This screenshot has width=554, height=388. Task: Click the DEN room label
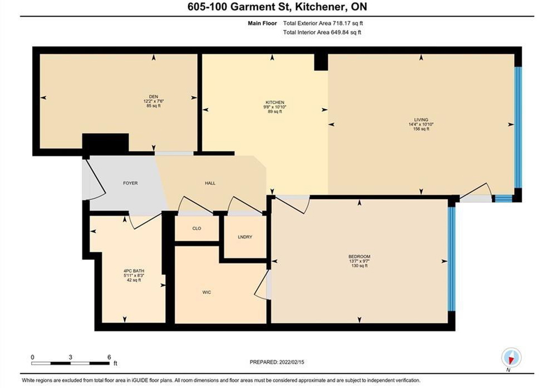(x=154, y=97)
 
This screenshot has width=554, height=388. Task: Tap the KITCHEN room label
(x=275, y=102)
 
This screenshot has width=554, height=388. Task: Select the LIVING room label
(x=421, y=120)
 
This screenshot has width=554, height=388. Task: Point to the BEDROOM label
(x=360, y=256)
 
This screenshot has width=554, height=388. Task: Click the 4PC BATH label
(x=134, y=271)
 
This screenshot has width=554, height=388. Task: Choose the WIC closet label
(x=207, y=292)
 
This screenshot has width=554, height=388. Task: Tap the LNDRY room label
(x=245, y=237)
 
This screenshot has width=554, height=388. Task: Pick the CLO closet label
(x=197, y=228)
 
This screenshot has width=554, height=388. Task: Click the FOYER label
(x=130, y=183)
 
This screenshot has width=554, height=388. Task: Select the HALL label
(x=210, y=183)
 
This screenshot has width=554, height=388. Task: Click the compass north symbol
(x=511, y=357)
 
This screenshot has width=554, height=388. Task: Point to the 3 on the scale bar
(x=70, y=357)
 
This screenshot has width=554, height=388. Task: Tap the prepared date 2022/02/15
(x=291, y=362)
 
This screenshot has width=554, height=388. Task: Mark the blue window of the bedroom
(x=451, y=259)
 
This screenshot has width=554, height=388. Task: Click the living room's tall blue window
(x=518, y=127)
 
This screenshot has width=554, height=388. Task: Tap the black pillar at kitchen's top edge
(x=321, y=62)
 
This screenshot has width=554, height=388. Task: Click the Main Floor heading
(x=262, y=23)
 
